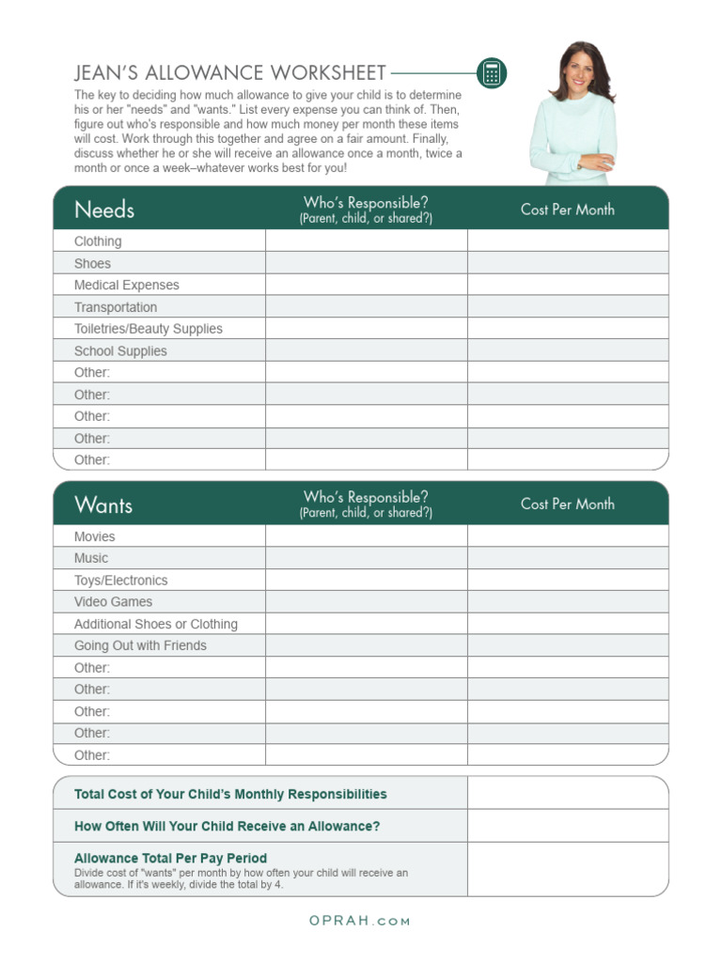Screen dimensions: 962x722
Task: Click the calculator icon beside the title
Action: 491,73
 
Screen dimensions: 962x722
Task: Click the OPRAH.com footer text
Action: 360,921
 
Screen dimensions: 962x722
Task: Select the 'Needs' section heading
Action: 104,209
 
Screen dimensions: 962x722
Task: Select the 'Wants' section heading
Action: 103,504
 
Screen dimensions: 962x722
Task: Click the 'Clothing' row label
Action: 98,241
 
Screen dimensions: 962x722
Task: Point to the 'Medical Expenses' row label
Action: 126,286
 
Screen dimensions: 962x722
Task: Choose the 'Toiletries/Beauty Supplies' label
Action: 149,329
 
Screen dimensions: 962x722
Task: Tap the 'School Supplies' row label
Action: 120,351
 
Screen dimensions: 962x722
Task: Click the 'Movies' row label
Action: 95,536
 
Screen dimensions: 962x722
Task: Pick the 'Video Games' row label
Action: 113,602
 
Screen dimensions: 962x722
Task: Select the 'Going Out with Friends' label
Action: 140,645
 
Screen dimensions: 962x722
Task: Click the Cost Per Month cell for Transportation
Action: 568,307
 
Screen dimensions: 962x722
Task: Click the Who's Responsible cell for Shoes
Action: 366,264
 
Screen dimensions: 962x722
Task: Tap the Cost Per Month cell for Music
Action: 568,558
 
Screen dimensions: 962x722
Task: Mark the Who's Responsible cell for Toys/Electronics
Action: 366,581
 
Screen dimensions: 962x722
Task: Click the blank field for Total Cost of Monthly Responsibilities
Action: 568,794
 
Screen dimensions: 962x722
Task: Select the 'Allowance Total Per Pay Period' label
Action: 170,858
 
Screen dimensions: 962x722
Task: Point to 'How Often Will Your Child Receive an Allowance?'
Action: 227,826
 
